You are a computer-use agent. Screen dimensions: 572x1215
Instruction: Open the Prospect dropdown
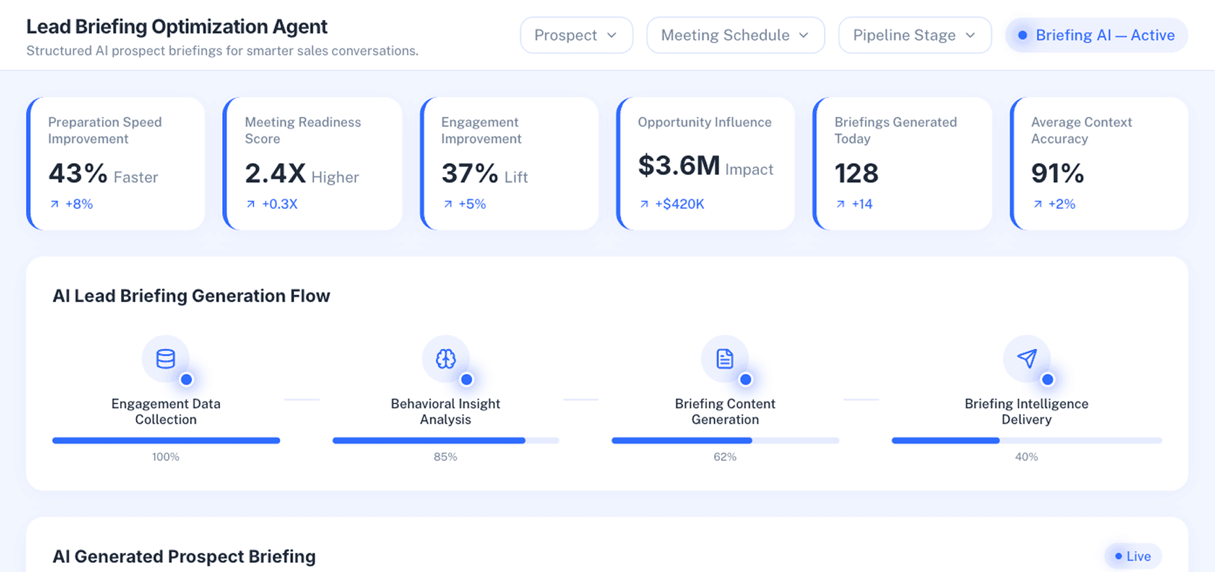(x=576, y=35)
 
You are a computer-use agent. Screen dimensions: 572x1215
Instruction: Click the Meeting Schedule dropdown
(x=735, y=35)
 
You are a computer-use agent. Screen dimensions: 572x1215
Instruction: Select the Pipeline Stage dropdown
(x=914, y=35)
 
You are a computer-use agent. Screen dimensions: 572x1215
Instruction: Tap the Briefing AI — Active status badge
(x=1097, y=35)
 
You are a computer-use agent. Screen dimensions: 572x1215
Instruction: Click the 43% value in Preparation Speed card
(x=78, y=174)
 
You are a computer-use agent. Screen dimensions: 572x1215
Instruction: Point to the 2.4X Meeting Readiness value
(x=275, y=174)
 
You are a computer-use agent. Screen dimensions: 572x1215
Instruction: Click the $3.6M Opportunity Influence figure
(x=679, y=166)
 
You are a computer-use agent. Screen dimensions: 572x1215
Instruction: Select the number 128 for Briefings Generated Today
(x=856, y=174)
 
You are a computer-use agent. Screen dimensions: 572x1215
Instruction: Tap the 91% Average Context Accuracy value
(x=1058, y=174)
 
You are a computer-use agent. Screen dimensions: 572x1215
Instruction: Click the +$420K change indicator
(x=679, y=204)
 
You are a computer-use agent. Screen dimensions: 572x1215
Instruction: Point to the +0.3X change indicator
(x=279, y=204)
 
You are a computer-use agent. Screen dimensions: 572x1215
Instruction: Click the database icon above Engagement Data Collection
(x=165, y=359)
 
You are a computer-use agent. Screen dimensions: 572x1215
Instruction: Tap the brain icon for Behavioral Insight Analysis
(x=445, y=359)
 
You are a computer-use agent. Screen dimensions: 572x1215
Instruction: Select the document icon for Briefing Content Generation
(x=724, y=359)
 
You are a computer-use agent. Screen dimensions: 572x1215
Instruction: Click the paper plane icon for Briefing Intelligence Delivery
(x=1026, y=359)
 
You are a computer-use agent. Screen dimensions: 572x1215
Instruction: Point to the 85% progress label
(x=445, y=457)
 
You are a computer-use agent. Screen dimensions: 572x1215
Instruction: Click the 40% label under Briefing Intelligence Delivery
(x=1026, y=457)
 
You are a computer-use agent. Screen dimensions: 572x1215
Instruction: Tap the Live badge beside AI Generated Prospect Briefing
(x=1133, y=556)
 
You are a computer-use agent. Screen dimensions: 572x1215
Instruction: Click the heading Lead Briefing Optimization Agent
(x=176, y=27)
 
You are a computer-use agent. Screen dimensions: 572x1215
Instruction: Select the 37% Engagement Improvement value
(x=470, y=174)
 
